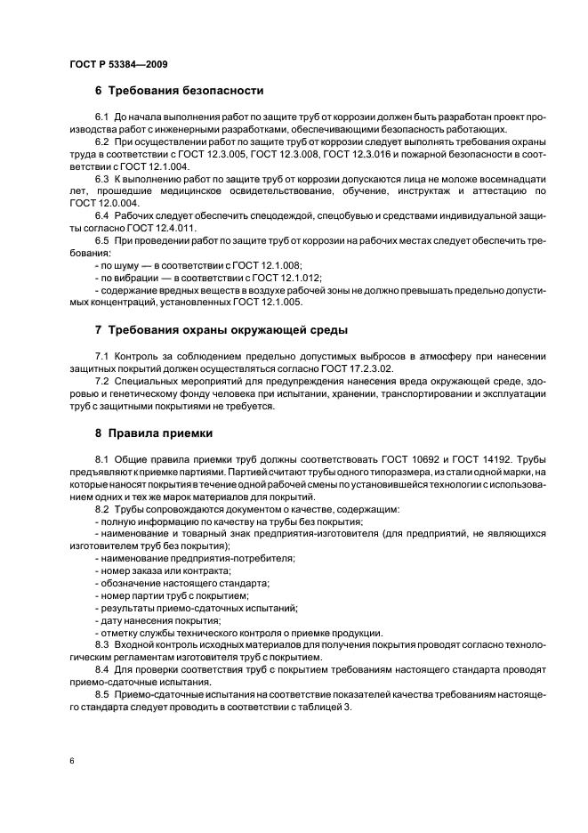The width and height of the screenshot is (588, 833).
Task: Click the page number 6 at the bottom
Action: coord(71,762)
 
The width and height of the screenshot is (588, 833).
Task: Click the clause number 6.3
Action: coord(102,179)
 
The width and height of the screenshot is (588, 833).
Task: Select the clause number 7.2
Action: coord(102,382)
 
